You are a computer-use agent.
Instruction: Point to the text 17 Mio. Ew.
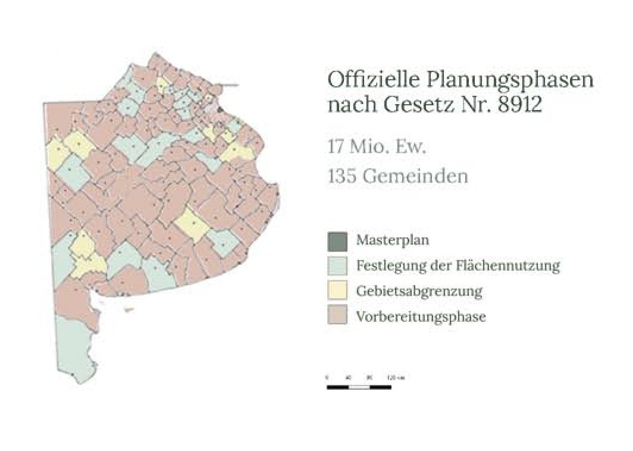377,147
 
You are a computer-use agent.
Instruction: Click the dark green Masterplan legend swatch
337,241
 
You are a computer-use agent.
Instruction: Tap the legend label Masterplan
393,241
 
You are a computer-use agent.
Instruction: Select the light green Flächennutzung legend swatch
337,266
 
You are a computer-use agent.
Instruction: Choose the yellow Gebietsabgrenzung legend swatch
337,292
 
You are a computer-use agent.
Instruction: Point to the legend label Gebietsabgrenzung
419,292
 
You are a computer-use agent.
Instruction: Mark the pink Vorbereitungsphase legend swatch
337,317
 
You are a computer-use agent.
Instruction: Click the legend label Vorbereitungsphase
421,317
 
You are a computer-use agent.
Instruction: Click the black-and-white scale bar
359,387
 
